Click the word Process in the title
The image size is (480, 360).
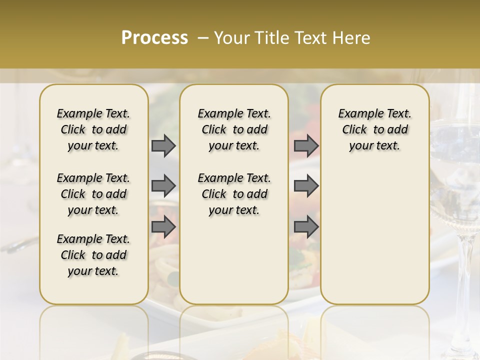[154, 38]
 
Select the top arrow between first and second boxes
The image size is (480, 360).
[163, 146]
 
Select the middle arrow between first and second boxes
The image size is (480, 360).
[163, 186]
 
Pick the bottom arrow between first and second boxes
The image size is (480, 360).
[163, 226]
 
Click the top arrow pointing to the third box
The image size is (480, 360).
[306, 146]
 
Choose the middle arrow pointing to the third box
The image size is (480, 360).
[306, 186]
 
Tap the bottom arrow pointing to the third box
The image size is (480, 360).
[306, 226]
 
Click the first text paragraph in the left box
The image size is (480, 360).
[93, 129]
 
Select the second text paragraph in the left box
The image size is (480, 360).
[93, 194]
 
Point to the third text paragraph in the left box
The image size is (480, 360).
[93, 255]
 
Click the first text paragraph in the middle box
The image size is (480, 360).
[234, 129]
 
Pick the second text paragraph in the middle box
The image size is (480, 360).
[234, 194]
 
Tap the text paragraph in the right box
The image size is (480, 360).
[375, 129]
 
